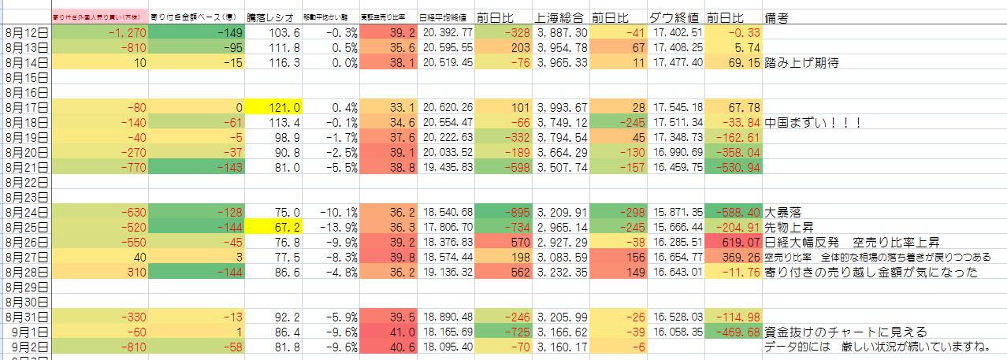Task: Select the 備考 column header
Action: (x=776, y=17)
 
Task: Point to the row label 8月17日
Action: (x=26, y=107)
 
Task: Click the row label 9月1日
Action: (x=28, y=332)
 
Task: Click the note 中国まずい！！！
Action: (x=813, y=123)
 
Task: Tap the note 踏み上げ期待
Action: (x=802, y=63)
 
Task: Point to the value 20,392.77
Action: (x=447, y=32)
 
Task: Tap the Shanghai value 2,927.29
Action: (x=561, y=242)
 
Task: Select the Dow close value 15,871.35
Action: (x=676, y=212)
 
